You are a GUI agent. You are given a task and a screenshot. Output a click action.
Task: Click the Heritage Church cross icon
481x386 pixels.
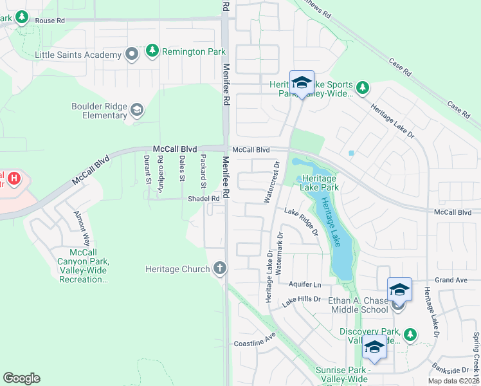tap(221, 268)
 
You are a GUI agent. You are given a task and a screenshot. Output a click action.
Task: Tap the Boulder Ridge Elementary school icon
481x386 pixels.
tap(136, 111)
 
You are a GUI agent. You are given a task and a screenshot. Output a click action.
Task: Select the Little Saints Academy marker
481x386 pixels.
tap(132, 55)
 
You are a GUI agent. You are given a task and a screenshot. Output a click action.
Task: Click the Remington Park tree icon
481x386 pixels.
tap(152, 50)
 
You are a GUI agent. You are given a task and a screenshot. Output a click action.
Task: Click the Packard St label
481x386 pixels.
tap(203, 171)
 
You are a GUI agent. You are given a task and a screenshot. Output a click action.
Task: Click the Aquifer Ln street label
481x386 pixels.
tap(306, 284)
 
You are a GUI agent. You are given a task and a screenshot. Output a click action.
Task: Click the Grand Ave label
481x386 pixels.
tap(451, 280)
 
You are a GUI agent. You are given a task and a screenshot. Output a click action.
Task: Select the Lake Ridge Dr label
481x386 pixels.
tap(302, 221)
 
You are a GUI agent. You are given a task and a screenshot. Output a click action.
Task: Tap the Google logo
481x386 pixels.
tap(21, 378)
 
